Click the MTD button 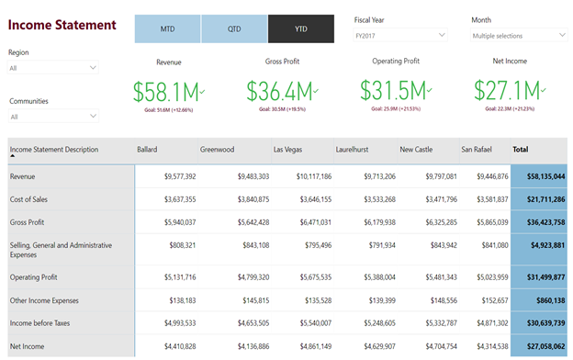pos(167,28)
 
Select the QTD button pos(234,28)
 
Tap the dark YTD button pos(301,28)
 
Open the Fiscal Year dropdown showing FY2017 pos(400,35)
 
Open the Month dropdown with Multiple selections pos(519,35)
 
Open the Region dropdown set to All pos(53,68)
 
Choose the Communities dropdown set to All pos(53,117)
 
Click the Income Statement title pos(62,25)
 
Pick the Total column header pos(521,149)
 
